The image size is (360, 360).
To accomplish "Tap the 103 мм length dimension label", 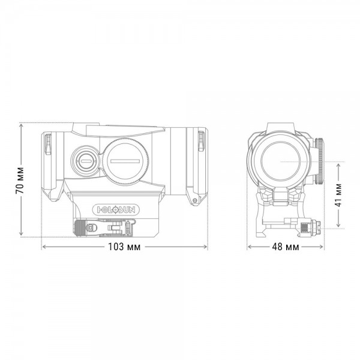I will [x=124, y=247].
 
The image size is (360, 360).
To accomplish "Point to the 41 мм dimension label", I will [x=339, y=195].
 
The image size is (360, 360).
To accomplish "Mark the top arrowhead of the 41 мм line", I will [x=339, y=163].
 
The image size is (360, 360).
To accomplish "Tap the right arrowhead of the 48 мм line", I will [x=324, y=247].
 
